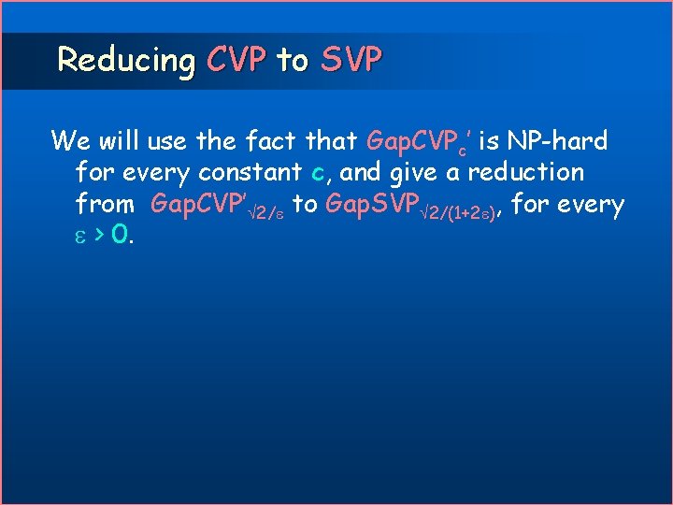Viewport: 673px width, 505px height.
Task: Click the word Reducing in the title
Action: coord(125,61)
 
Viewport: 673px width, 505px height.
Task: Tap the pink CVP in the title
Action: coord(236,61)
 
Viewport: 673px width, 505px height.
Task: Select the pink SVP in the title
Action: coord(351,61)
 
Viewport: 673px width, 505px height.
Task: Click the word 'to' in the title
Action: coord(292,61)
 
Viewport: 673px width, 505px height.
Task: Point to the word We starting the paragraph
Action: coord(70,141)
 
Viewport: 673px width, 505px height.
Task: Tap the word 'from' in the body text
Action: coord(105,204)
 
